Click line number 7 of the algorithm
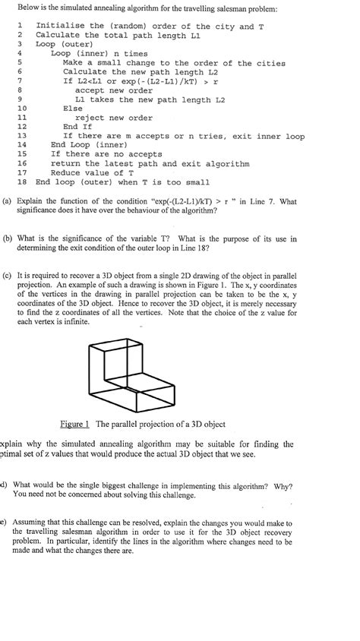tap(18, 81)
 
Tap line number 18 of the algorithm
tap(21, 182)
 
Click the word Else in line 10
tap(73, 109)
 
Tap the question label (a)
tap(7, 202)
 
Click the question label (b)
tap(8, 238)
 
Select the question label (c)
tap(8, 275)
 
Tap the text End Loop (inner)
tap(88, 145)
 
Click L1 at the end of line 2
tap(194, 36)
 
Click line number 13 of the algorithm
tap(21, 136)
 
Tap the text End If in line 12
tap(81, 127)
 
